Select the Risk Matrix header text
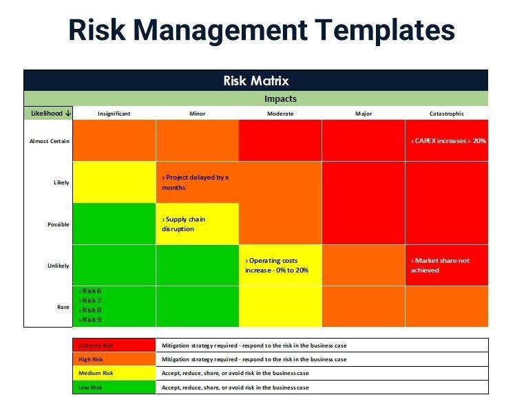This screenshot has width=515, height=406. click(x=255, y=81)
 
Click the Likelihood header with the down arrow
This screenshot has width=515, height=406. click(x=48, y=114)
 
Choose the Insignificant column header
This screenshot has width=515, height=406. click(x=114, y=114)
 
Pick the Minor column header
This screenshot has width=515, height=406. click(x=197, y=114)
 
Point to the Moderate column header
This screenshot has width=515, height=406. click(x=280, y=114)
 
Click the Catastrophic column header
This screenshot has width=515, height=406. click(x=445, y=114)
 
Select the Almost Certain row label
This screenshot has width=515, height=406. click(x=49, y=141)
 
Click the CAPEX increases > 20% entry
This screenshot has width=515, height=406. click(x=448, y=141)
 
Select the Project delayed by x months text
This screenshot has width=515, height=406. click(x=195, y=182)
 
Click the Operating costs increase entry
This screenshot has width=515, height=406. click(x=277, y=266)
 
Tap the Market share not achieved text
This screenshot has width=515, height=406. click(x=440, y=266)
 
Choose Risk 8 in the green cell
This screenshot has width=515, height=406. click(x=90, y=310)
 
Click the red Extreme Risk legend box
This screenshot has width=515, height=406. click(x=114, y=345)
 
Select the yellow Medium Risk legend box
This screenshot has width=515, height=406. click(x=114, y=373)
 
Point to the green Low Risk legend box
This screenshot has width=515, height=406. click(x=114, y=387)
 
